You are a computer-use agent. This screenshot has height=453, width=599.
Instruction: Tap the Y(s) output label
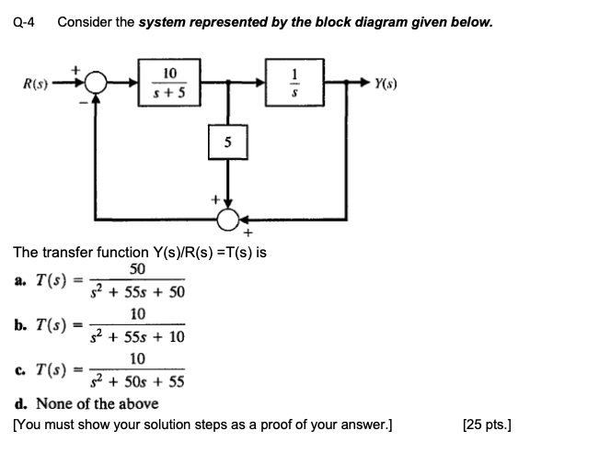[x=386, y=85]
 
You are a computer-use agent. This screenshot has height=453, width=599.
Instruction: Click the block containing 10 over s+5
[x=170, y=81]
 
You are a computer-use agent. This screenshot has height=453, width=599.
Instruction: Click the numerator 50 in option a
[x=137, y=268]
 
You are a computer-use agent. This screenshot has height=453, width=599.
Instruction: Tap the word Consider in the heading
[x=83, y=21]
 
